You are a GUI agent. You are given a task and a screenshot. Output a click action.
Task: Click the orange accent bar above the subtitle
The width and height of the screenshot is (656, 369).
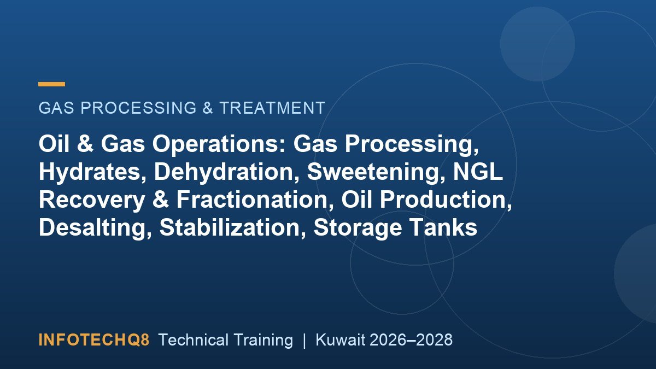click(x=51, y=84)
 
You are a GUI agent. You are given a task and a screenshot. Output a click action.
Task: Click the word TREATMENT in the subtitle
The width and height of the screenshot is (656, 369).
click(x=272, y=108)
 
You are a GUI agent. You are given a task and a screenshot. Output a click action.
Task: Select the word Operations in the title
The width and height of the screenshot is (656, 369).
click(x=219, y=144)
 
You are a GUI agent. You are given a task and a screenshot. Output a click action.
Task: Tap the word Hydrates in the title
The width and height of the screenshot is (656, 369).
click(x=92, y=172)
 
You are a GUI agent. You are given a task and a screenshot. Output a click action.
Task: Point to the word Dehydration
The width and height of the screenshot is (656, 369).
click(x=226, y=172)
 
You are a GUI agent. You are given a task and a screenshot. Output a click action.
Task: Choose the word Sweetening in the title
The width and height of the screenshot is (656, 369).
click(x=376, y=172)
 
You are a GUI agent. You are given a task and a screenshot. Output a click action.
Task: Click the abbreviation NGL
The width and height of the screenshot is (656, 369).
click(x=478, y=172)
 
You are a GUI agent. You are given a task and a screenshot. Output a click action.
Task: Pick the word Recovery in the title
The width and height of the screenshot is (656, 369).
click(x=92, y=200)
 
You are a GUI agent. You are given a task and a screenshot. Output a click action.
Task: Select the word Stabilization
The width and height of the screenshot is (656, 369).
click(x=232, y=227)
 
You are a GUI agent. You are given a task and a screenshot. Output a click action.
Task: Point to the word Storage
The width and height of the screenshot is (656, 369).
click(x=358, y=227)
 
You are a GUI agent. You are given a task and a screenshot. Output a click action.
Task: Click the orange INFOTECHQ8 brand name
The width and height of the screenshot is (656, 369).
click(x=94, y=340)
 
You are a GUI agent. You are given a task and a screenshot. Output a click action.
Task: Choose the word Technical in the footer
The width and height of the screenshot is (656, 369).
click(x=194, y=340)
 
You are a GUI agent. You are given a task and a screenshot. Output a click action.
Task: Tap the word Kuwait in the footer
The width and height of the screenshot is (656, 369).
click(x=340, y=340)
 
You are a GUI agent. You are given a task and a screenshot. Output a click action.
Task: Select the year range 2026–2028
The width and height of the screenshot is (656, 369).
click(x=411, y=340)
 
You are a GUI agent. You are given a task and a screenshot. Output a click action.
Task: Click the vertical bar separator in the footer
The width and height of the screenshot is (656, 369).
click(x=304, y=340)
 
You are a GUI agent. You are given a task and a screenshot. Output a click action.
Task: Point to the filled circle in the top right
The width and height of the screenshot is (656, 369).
click(x=537, y=44)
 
